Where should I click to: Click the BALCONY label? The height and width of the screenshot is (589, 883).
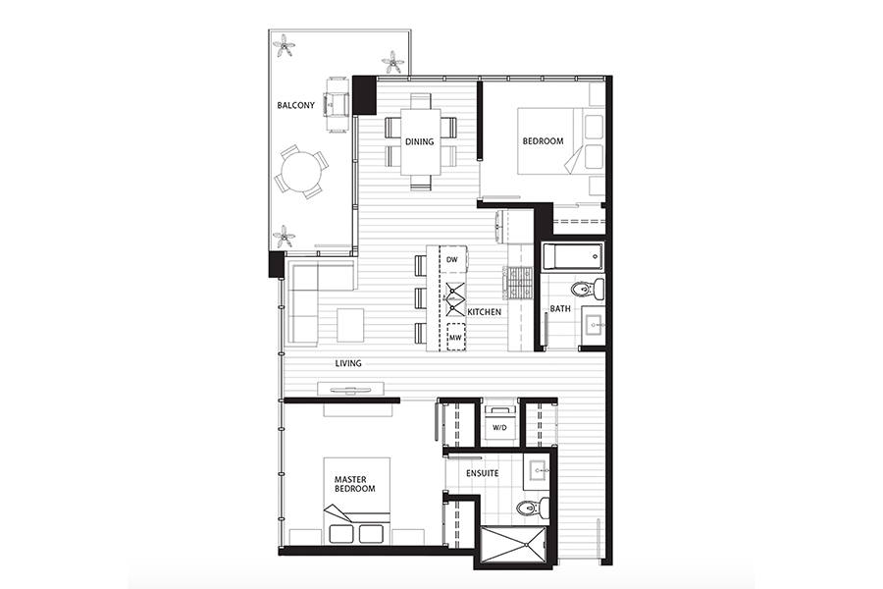click(295, 105)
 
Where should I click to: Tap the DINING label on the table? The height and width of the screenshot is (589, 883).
click(420, 141)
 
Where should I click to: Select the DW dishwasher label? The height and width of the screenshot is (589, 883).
click(451, 260)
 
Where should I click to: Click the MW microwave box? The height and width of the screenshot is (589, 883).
click(456, 338)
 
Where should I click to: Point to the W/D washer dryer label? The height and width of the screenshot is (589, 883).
click(499, 428)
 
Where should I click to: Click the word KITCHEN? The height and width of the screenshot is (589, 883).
click(485, 312)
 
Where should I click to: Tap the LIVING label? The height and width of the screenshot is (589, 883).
click(348, 363)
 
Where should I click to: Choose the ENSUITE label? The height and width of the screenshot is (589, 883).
click(482, 473)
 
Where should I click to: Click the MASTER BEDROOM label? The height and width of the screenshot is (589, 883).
click(355, 484)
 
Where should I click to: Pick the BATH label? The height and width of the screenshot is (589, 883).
click(560, 309)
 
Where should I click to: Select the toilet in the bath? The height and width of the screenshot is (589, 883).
click(588, 289)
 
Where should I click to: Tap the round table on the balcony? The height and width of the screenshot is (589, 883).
click(298, 172)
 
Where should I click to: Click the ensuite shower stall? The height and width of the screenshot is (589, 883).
click(514, 545)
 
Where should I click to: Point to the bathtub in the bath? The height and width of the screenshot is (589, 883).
click(572, 257)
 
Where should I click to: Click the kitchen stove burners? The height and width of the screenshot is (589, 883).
click(520, 282)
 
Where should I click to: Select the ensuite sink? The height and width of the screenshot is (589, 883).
click(539, 470)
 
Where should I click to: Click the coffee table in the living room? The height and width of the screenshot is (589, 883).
click(350, 324)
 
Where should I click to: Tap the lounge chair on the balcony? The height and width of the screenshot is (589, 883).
click(338, 105)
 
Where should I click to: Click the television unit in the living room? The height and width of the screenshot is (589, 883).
click(350, 389)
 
